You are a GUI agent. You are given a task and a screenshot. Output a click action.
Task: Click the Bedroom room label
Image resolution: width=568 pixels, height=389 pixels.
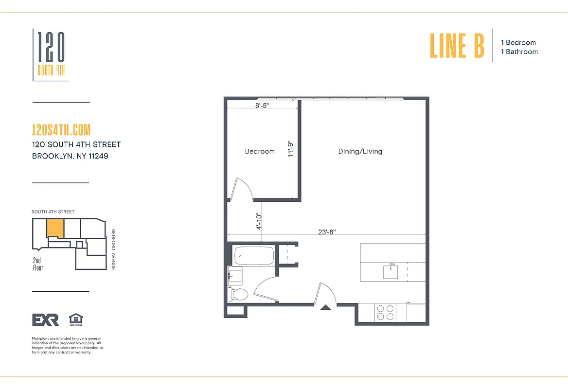pyautogui.click(x=260, y=151)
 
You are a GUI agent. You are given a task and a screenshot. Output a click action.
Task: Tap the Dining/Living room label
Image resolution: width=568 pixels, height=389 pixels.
pyautogui.click(x=360, y=151)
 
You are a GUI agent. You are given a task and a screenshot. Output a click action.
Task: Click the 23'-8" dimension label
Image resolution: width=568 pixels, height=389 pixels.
pyautogui.click(x=327, y=232)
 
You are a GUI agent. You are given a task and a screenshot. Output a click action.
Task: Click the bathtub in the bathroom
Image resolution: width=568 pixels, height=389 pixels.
pyautogui.click(x=254, y=255)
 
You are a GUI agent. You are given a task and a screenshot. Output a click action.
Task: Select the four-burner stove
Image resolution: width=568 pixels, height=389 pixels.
pyautogui.click(x=385, y=312)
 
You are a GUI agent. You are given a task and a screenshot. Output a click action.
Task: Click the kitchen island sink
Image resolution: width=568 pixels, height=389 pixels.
pyautogui.click(x=390, y=271)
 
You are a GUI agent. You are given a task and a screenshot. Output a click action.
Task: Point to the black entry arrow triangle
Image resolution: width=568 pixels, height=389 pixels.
pyautogui.click(x=325, y=306)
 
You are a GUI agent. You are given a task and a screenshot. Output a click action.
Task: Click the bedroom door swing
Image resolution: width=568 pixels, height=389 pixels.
pyautogui.click(x=243, y=190)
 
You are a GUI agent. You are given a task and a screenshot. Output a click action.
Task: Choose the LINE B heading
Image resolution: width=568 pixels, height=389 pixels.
pyautogui.click(x=457, y=45)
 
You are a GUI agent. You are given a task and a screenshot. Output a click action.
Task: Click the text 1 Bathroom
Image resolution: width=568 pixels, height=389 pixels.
pyautogui.click(x=519, y=52)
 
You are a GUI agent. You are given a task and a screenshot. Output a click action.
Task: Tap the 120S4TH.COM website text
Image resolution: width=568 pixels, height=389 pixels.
pyautogui.click(x=61, y=130)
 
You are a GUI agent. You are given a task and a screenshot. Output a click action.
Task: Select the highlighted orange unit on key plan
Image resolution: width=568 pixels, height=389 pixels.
pyautogui.click(x=55, y=228)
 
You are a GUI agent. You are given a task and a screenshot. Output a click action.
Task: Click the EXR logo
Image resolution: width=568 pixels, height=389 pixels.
pyautogui.click(x=45, y=319)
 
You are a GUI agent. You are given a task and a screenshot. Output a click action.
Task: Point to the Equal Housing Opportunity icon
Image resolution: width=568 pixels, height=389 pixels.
pyautogui.click(x=76, y=319)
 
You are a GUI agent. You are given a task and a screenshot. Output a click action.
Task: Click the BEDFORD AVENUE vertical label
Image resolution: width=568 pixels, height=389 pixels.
pyautogui.click(x=113, y=249)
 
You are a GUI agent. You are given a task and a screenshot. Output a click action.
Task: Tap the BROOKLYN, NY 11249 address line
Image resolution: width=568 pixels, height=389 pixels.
pyautogui.click(x=70, y=156)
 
